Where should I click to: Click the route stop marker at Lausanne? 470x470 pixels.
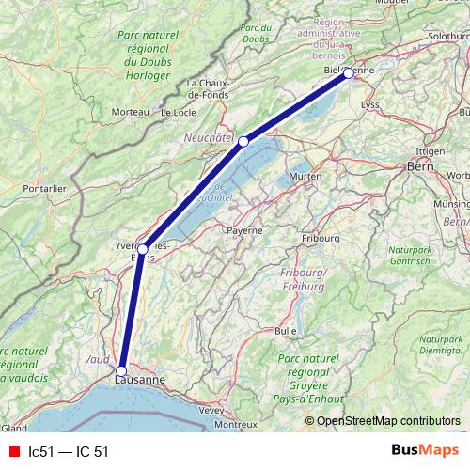click(121, 370)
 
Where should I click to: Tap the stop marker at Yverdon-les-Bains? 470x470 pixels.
click(143, 249)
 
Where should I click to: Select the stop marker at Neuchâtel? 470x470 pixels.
click(243, 141)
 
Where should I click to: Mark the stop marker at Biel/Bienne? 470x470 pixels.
click(348, 72)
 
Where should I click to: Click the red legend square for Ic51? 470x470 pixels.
click(12, 451)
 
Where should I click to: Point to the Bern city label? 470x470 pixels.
click(418, 166)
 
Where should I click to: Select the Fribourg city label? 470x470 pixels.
click(321, 239)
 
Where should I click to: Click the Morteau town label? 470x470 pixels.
click(131, 112)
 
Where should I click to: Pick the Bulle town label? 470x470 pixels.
click(285, 331)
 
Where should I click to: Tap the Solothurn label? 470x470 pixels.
click(447, 36)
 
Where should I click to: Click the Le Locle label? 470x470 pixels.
click(179, 112)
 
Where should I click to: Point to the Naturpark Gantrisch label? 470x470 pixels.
click(436, 258)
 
